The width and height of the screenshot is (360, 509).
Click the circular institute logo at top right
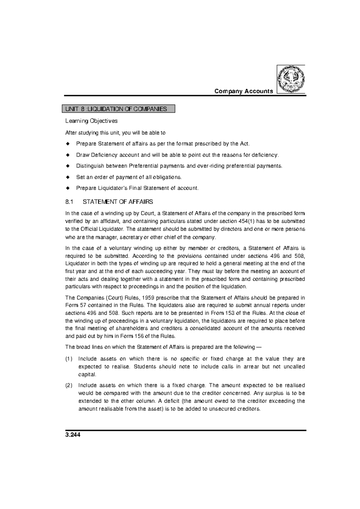[x=291, y=79]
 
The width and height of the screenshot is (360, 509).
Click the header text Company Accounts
[x=244, y=91]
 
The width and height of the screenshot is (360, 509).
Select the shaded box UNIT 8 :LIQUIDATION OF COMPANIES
[x=118, y=109]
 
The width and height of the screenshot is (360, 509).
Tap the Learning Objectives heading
[x=91, y=121]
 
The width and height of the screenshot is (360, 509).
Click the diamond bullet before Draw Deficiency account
[x=67, y=155]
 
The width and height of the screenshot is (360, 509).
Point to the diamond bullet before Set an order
[x=67, y=177]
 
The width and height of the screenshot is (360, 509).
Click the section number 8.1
[x=69, y=202]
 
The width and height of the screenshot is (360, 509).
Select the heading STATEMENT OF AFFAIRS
[x=118, y=202]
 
